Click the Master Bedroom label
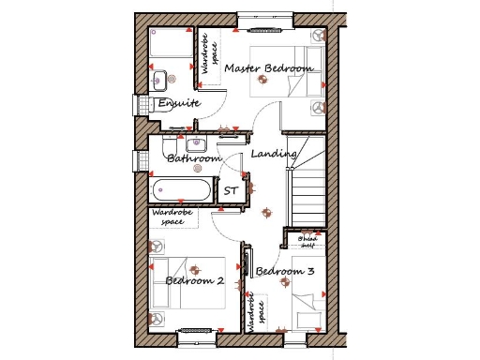point(267,68)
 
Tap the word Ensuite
point(177,102)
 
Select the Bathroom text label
point(193,159)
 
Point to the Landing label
point(274,153)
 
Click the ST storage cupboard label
point(231,190)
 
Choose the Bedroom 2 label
point(193,280)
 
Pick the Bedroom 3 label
point(284,272)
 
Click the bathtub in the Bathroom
point(183,190)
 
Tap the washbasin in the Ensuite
point(159,78)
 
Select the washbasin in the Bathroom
point(196,144)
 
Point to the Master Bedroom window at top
point(265,16)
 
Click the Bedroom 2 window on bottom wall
point(194,330)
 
